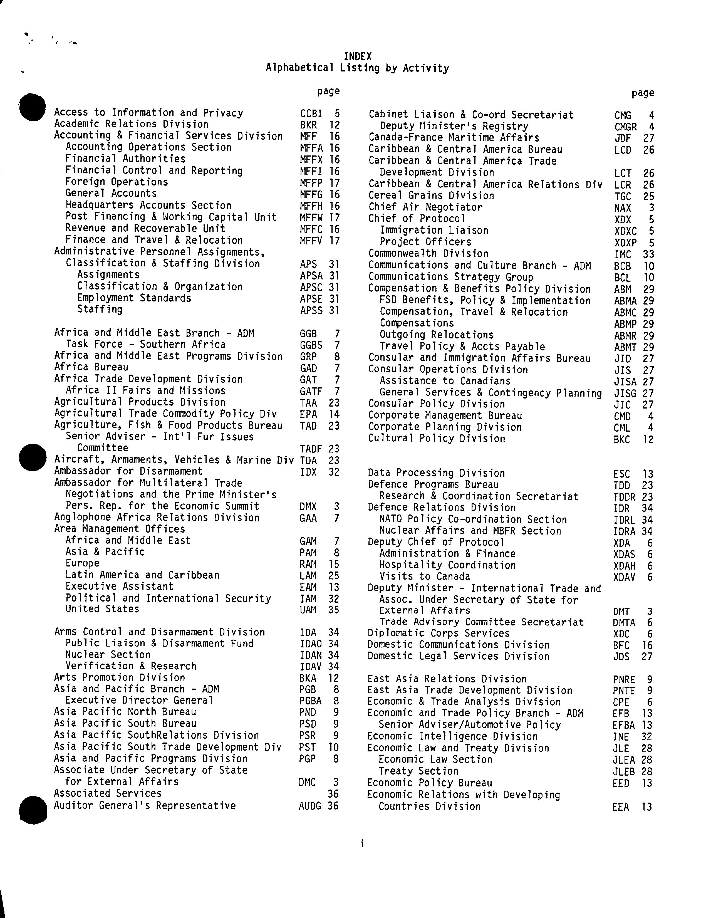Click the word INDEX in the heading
click(358, 56)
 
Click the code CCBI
click(311, 113)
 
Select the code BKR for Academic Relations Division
click(308, 125)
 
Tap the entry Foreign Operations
click(117, 182)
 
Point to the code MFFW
click(311, 218)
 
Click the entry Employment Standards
click(134, 298)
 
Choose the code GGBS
click(311, 345)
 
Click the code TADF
click(311, 449)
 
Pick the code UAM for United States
click(308, 610)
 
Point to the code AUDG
click(310, 806)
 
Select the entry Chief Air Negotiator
click(425, 207)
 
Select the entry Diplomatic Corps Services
click(438, 634)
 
